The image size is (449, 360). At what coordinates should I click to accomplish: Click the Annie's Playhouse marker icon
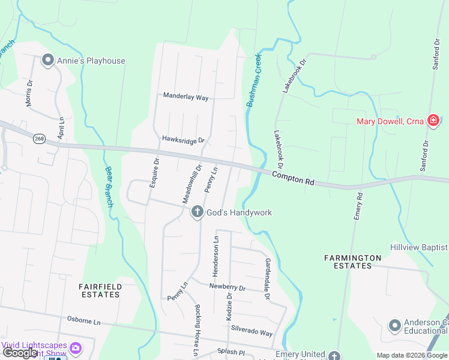48,60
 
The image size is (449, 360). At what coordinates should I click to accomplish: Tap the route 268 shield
40,139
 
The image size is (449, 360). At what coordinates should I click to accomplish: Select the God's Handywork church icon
197,212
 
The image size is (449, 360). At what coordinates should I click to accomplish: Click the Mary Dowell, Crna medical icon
432,121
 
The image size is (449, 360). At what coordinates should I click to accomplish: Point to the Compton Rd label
293,178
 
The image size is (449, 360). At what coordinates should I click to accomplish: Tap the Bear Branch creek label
109,187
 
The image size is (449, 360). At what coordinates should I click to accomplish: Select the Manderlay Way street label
185,97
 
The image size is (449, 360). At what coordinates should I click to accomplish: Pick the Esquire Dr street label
154,172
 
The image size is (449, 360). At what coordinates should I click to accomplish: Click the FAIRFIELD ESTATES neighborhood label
100,291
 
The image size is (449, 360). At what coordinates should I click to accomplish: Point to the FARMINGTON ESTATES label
352,262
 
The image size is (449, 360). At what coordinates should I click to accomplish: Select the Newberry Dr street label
228,287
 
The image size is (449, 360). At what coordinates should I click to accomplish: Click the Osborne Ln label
83,320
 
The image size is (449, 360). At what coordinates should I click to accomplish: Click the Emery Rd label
358,206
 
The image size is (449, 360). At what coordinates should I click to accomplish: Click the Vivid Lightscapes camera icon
76,347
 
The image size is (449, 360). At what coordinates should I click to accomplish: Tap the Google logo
20,353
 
